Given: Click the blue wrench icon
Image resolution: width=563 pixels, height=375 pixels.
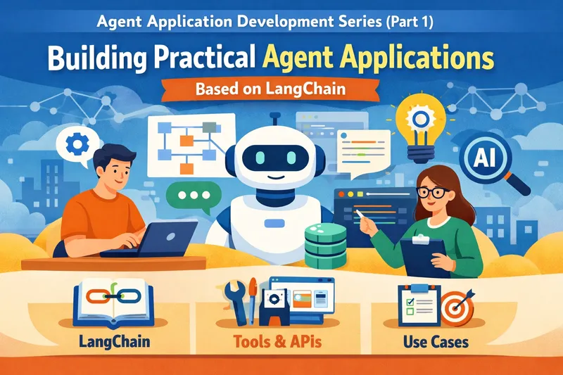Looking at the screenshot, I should pos(232,298).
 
